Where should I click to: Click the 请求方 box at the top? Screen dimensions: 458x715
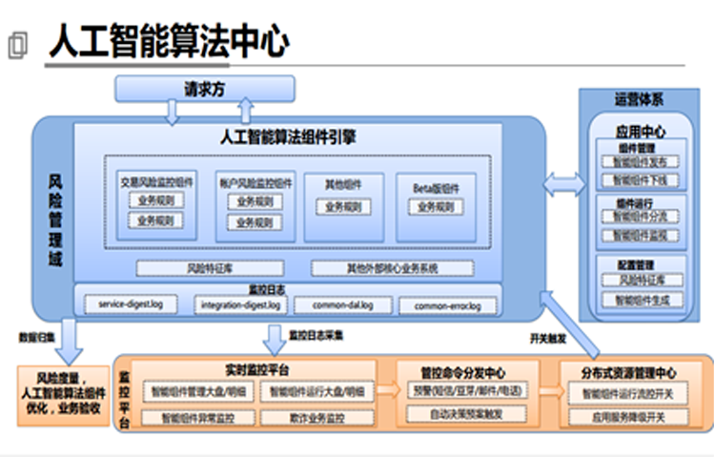204,89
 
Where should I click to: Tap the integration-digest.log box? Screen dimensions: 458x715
240,305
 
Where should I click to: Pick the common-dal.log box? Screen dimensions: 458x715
340,305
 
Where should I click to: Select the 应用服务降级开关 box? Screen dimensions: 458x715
628,417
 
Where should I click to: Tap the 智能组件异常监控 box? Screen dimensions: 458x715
197,417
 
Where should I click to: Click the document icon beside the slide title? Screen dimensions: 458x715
17,45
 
